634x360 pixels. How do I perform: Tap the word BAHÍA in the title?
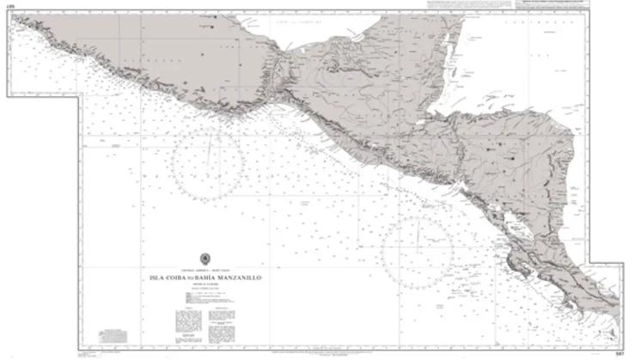[214, 278]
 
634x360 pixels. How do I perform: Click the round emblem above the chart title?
[205, 258]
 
